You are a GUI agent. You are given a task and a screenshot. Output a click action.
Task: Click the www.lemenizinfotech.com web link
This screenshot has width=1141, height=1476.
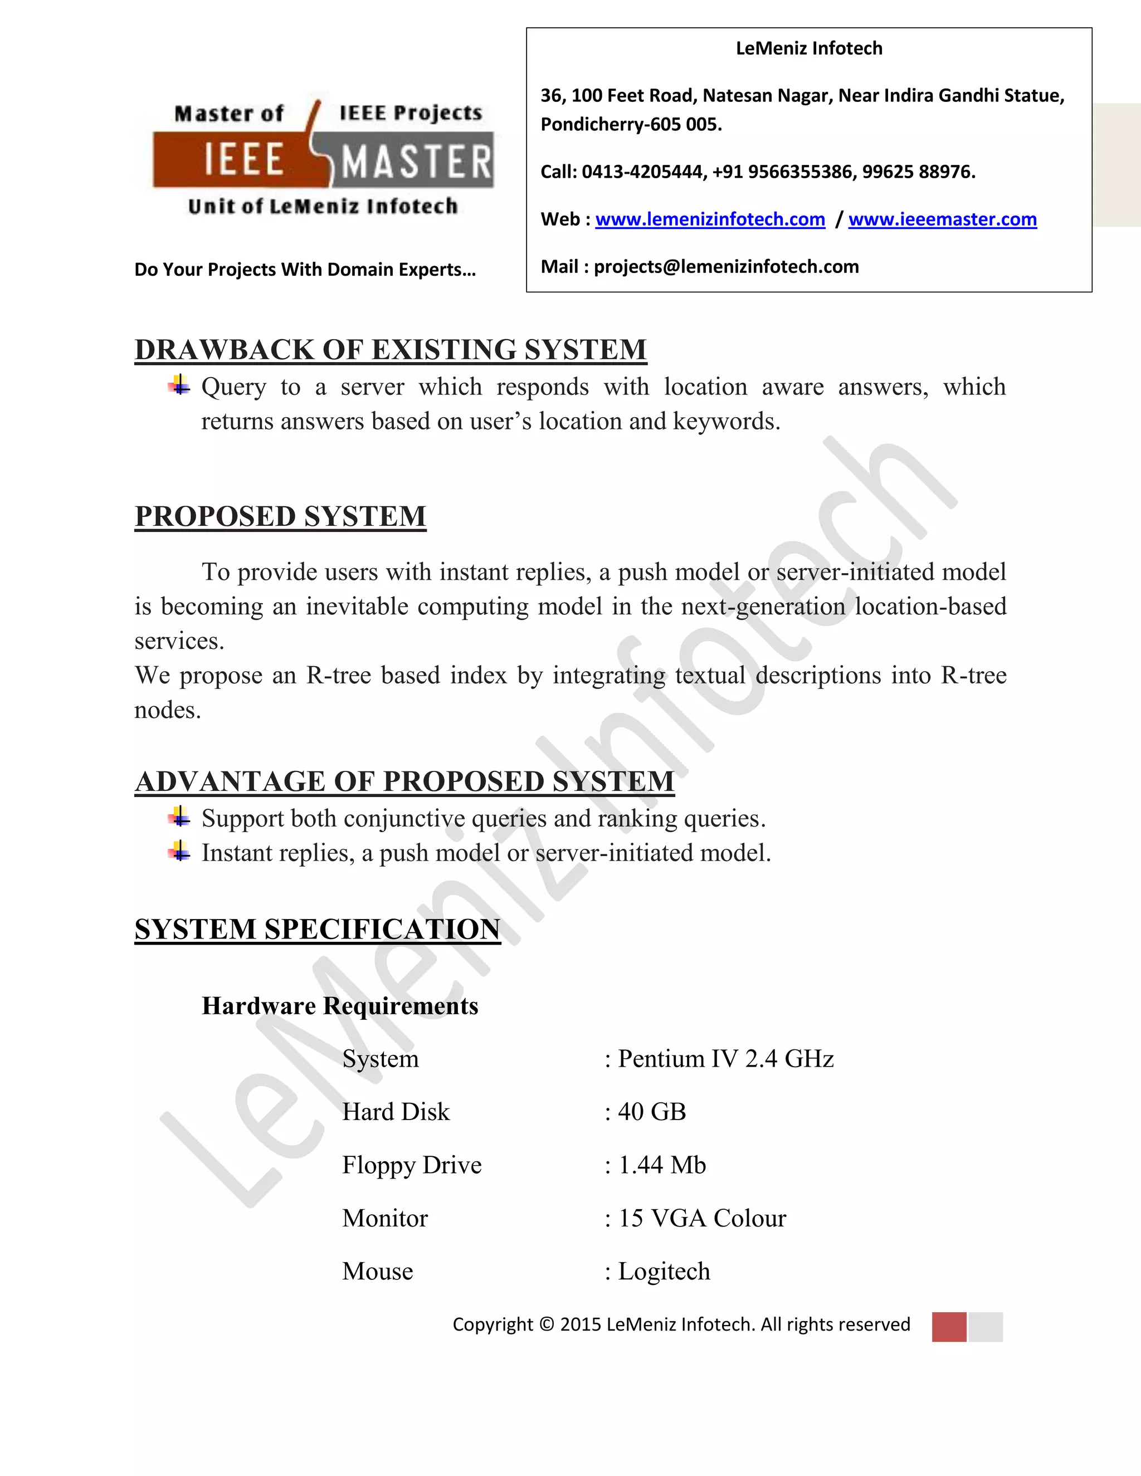point(710,219)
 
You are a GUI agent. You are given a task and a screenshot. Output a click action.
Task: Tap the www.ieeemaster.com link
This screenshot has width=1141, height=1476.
point(942,219)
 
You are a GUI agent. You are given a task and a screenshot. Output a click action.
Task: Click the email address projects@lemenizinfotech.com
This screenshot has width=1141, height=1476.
point(726,267)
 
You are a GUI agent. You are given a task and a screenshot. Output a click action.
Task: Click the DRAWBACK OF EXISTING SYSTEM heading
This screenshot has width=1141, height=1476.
point(391,350)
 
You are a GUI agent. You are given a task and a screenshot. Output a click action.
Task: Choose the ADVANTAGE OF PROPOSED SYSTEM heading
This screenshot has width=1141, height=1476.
point(404,782)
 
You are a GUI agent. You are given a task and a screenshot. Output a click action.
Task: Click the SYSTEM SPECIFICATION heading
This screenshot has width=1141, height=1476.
point(318,929)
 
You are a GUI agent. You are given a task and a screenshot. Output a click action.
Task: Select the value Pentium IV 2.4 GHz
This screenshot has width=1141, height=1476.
point(725,1059)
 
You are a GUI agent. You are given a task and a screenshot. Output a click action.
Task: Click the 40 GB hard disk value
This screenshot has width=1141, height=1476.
point(652,1112)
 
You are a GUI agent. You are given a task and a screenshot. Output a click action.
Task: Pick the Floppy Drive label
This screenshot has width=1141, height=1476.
point(412,1165)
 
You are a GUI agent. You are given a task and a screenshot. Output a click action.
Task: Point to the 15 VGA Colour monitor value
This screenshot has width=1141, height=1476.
point(701,1219)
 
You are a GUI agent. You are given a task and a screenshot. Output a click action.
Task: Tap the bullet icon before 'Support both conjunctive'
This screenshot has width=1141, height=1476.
point(179,817)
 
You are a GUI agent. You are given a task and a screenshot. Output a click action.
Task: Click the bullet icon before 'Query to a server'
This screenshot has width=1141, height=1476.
point(179,385)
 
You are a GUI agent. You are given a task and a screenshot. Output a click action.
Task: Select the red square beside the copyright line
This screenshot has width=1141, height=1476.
point(949,1327)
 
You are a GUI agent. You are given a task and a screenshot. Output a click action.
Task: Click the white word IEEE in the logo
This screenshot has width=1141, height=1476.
point(243,160)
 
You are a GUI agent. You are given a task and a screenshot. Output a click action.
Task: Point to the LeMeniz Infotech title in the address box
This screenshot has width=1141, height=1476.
point(809,48)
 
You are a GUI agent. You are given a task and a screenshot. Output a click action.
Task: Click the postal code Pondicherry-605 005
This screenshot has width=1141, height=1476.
point(631,125)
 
